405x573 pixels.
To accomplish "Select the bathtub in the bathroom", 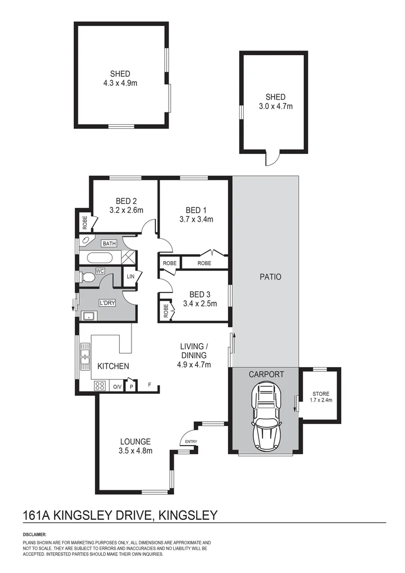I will click(99, 259).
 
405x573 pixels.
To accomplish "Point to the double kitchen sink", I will click(85, 356).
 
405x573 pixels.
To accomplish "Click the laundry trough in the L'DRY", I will click(88, 317).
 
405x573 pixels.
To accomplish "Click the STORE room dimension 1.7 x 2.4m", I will click(321, 400).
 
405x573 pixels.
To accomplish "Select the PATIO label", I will click(270, 277).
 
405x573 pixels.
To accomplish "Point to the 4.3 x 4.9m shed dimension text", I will click(120, 83).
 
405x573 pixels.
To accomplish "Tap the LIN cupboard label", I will click(130, 276).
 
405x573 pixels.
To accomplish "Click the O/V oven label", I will click(117, 387).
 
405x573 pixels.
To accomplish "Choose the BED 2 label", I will click(126, 201).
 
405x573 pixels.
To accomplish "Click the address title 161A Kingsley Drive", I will click(120, 515).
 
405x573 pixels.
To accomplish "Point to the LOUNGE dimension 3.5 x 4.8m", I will click(135, 451).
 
